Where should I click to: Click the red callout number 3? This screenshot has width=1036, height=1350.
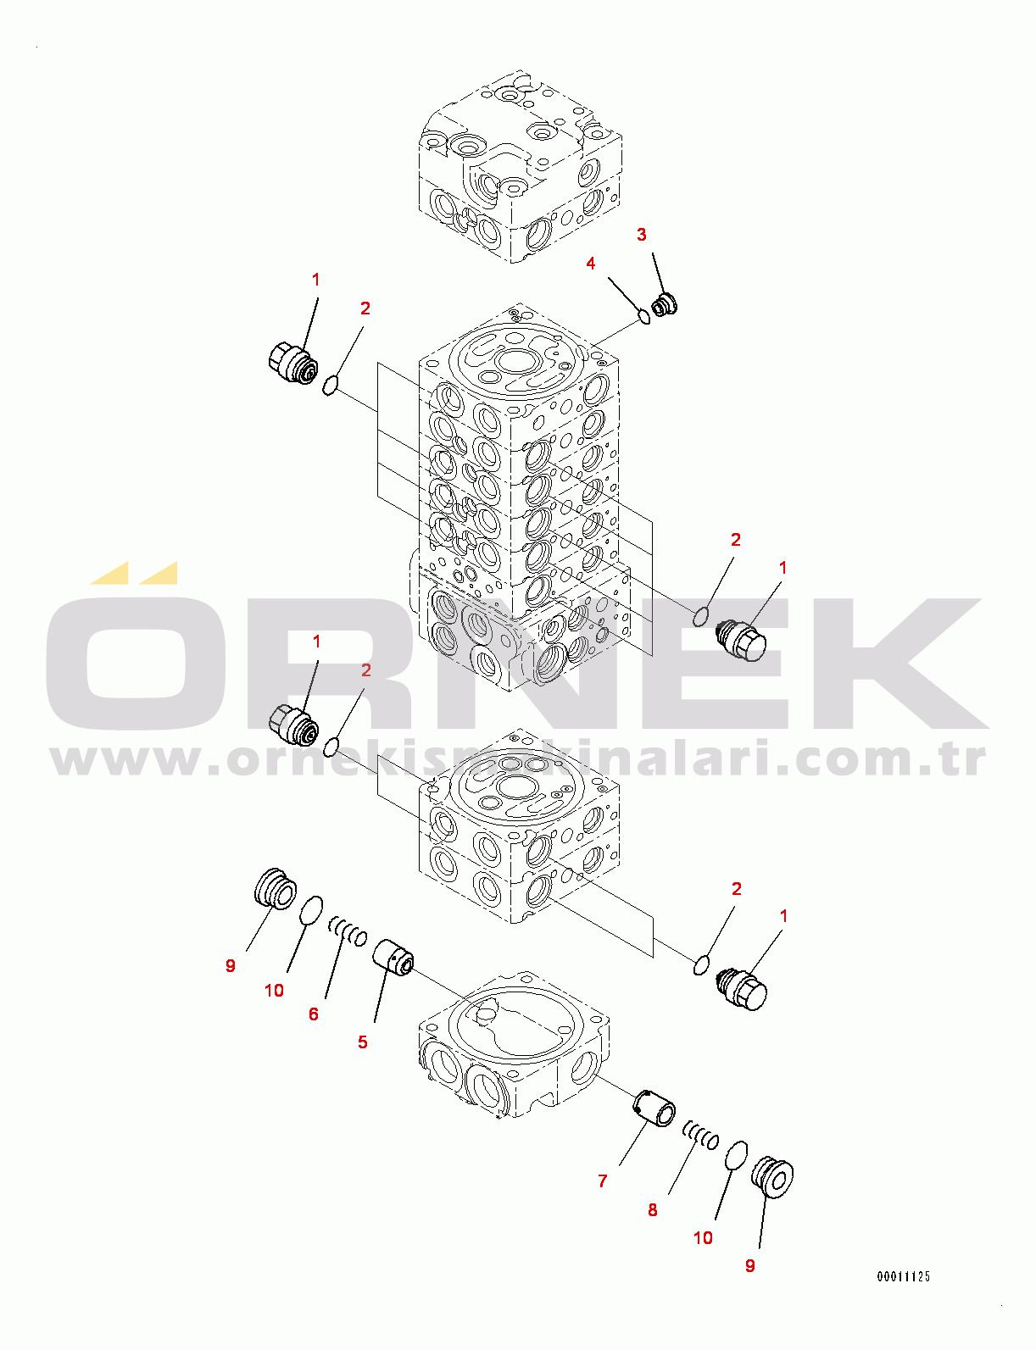(642, 235)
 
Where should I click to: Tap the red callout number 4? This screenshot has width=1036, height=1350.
(591, 264)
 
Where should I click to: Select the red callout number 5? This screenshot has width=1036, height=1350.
(363, 1042)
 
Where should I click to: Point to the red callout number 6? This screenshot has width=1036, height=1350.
(314, 1014)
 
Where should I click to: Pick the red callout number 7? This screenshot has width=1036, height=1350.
(603, 1181)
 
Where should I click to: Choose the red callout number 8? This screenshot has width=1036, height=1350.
(653, 1209)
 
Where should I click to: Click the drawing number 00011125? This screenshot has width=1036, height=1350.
(904, 1276)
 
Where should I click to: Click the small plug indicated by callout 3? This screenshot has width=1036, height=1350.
(664, 303)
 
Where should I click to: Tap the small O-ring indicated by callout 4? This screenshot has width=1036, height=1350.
(643, 317)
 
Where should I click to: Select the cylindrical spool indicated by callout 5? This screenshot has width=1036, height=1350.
(393, 957)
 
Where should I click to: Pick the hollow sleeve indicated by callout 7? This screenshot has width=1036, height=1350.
(655, 1108)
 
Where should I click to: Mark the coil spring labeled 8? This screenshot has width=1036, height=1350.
(701, 1134)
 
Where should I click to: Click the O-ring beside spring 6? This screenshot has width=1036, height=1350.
(311, 911)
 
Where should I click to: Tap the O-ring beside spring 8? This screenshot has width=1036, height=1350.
(737, 1156)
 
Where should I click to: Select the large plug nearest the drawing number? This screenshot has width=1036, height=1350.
(773, 1176)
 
